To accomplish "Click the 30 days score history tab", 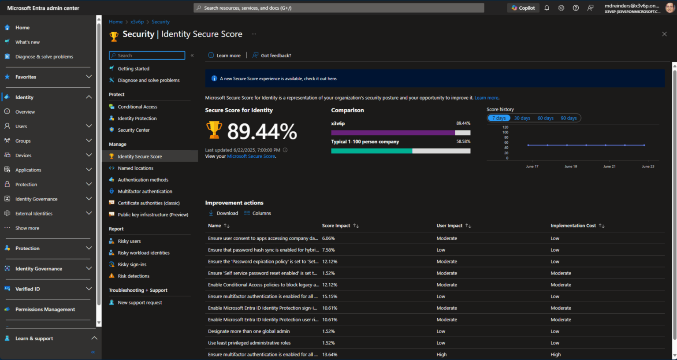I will (522, 118).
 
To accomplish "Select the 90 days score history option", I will (569, 118).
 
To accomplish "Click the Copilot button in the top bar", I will (523, 8).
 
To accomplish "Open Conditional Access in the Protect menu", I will (137, 107).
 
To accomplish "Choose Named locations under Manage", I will (135, 168).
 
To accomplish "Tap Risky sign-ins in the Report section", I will (132, 264).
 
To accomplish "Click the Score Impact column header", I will (336, 226).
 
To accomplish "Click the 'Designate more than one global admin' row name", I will (249, 331).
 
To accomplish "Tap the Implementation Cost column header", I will (573, 226).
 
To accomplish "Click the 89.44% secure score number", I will (262, 131).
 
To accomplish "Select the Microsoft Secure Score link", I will (251, 156).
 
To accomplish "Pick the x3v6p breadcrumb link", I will (137, 22).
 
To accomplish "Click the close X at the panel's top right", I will (664, 34).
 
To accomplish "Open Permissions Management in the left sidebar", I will (45, 309).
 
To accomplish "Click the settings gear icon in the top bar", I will (561, 8).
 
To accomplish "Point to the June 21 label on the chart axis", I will (609, 167).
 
